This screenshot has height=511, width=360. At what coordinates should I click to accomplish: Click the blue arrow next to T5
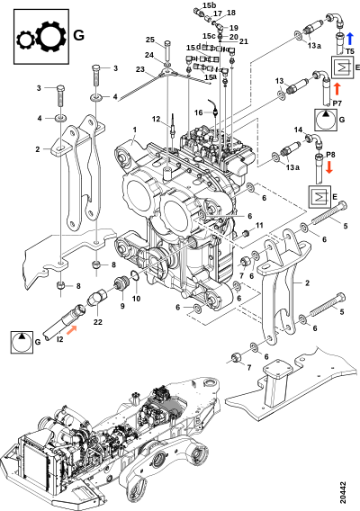(x=350, y=39)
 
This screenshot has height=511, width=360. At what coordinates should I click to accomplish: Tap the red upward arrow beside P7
(x=337, y=89)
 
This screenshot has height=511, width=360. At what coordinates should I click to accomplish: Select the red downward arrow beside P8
(x=329, y=166)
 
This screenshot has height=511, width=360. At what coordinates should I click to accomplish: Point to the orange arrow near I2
(x=72, y=330)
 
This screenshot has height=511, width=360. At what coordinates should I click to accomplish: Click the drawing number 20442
(x=342, y=492)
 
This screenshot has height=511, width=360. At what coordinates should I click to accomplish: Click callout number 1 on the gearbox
(x=134, y=130)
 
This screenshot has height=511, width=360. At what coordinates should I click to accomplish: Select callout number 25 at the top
(x=150, y=40)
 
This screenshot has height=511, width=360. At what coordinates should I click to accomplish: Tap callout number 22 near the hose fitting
(x=98, y=322)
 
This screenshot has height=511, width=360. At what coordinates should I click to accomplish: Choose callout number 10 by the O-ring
(x=136, y=298)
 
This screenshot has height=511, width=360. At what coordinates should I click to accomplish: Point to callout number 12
(x=157, y=119)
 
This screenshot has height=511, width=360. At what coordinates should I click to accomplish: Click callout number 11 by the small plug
(x=259, y=225)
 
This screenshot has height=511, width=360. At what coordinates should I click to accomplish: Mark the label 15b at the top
(x=210, y=5)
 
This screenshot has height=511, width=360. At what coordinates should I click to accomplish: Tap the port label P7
(x=337, y=103)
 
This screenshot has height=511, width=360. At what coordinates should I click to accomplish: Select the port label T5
(x=350, y=51)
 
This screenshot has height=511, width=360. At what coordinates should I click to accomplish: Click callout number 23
(x=139, y=69)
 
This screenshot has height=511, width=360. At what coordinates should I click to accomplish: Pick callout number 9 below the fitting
(x=122, y=307)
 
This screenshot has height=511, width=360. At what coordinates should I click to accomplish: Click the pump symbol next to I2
(x=22, y=342)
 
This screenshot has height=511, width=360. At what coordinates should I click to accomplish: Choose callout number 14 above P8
(x=299, y=130)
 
